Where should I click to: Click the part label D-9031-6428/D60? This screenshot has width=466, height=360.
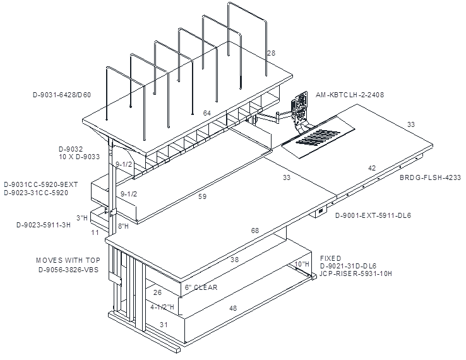coord(62,95)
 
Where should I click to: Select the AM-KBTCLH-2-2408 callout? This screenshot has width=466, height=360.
coord(350,95)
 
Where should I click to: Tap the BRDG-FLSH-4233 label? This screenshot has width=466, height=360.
coord(430,177)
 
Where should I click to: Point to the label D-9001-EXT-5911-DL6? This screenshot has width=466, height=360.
coord(373,215)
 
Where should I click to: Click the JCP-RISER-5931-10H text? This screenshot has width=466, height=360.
coord(355,273)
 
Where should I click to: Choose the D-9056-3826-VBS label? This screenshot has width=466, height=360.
coord(68,270)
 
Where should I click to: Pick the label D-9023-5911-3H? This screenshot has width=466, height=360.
coord(44,225)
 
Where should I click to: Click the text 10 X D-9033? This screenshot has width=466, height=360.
coord(80,157)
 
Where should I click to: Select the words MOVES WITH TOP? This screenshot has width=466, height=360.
coord(68,260)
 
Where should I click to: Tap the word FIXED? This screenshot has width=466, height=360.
coord(330,258)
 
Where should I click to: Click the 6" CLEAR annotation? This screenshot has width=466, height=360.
coord(201,287)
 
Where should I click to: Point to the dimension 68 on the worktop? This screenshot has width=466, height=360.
coord(255,231)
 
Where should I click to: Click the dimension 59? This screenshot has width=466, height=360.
coord(203,196)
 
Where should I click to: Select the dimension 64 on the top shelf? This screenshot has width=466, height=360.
coord(207,113)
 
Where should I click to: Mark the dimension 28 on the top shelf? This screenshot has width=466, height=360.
coord(272,53)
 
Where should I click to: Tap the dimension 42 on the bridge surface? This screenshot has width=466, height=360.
coord(372,168)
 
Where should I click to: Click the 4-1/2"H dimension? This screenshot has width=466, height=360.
coord(162,307)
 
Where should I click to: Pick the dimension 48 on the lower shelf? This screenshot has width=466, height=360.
coord(233,308)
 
